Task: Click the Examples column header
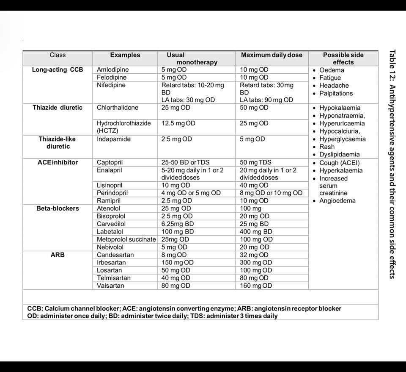pyautogui.click(x=125, y=55)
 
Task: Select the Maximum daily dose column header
pyautogui.click(x=272, y=55)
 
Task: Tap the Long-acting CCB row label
pyautogui.click(x=58, y=69)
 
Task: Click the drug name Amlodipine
pyautogui.click(x=112, y=69)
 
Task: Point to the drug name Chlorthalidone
pyautogui.click(x=118, y=108)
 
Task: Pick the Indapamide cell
pyautogui.click(x=113, y=139)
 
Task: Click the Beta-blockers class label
pyautogui.click(x=58, y=208)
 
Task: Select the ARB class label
pyautogui.click(x=58, y=255)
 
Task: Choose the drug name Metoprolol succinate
pyautogui.click(x=126, y=239)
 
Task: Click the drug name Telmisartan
pyautogui.click(x=113, y=278)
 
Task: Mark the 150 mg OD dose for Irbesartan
pyautogui.click(x=177, y=263)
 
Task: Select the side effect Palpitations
pyautogui.click(x=336, y=93)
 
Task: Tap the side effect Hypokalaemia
pyautogui.click(x=340, y=108)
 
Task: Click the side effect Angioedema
pyautogui.click(x=337, y=201)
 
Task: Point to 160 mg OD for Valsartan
pyautogui.click(x=256, y=286)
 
